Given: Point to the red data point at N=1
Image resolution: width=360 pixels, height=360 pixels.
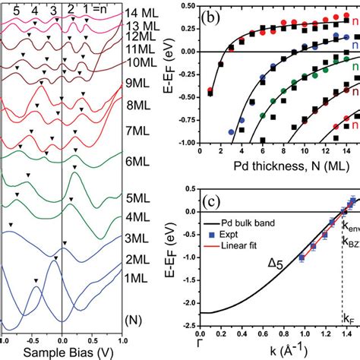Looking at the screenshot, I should tap(210, 90).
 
